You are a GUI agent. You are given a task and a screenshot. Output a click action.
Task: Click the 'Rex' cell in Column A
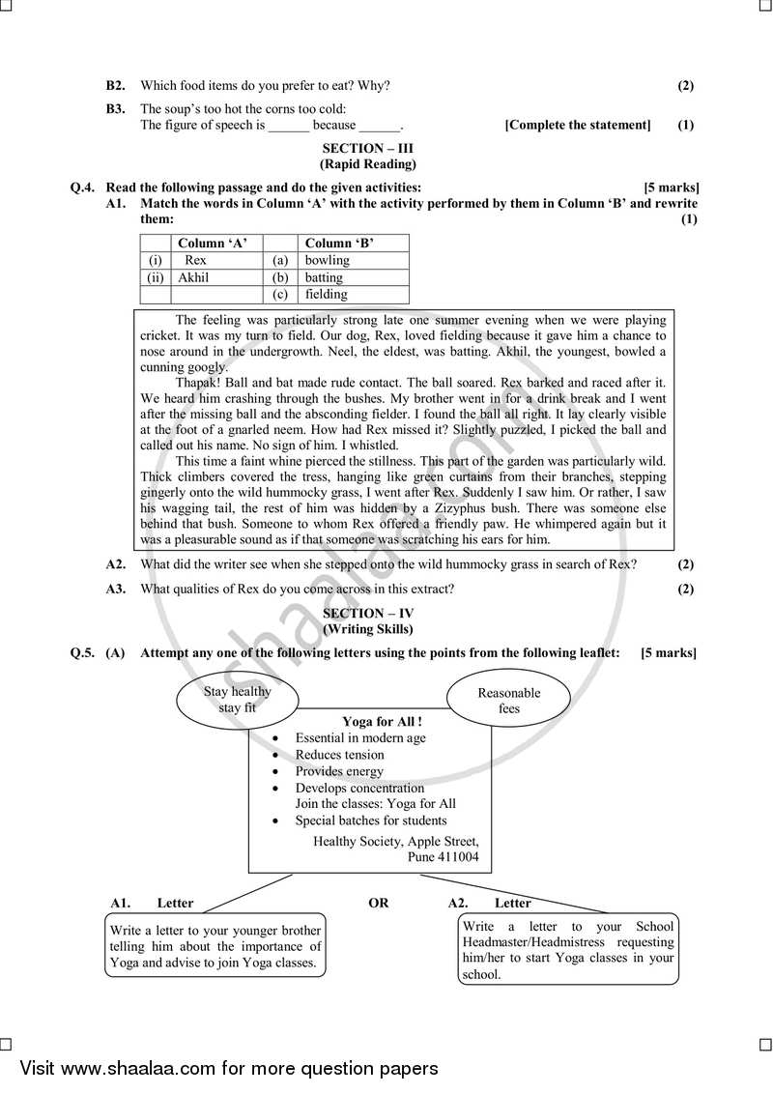[195, 260]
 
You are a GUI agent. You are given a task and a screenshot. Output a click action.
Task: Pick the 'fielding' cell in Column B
[326, 294]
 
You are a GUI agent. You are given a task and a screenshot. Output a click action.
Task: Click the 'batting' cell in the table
[324, 277]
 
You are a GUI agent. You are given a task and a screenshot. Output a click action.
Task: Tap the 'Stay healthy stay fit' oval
[238, 700]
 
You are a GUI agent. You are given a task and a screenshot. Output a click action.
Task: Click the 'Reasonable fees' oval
[509, 700]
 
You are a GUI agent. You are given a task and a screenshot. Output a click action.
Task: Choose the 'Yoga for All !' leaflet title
[383, 721]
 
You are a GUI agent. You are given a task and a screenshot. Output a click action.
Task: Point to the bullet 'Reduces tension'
[339, 755]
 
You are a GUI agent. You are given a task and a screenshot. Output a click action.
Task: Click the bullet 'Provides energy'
[339, 771]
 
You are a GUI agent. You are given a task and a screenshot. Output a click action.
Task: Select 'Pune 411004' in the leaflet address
[439, 857]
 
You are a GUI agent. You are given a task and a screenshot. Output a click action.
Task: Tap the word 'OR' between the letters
[379, 903]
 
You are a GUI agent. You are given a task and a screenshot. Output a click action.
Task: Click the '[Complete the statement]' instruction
[578, 125]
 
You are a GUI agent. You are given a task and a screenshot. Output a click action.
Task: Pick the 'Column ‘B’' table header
[339, 244]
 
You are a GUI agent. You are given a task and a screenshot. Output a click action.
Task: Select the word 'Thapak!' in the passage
[199, 383]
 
